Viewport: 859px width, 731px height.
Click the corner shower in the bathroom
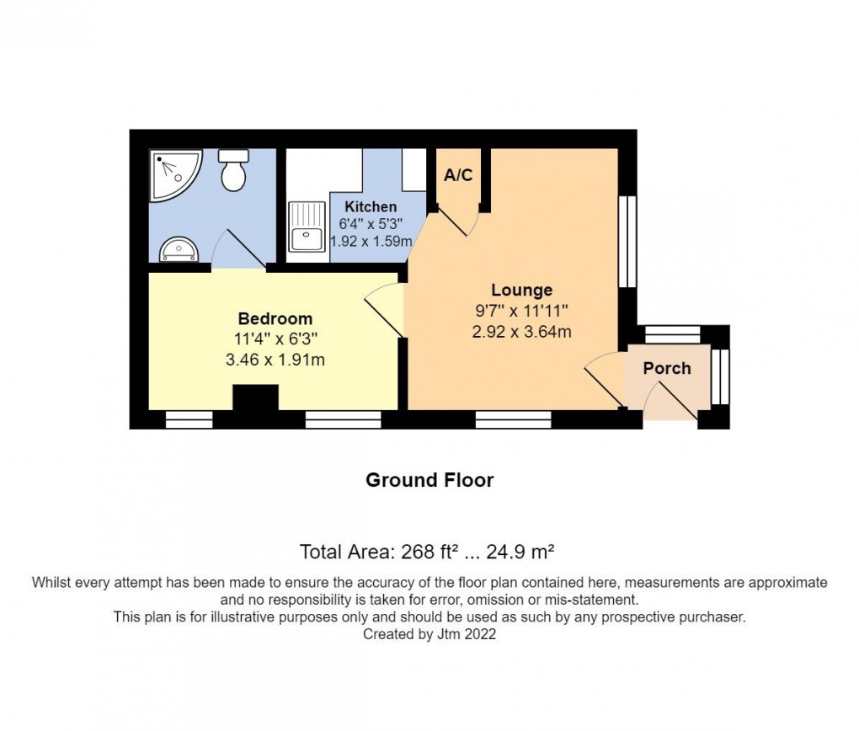pyautogui.click(x=173, y=174)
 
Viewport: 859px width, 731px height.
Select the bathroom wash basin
pyautogui.click(x=179, y=250)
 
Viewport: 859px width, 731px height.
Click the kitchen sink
pyautogui.click(x=307, y=227)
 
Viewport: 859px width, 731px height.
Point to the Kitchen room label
pyautogui.click(x=371, y=207)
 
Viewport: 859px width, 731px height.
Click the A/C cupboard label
pyautogui.click(x=458, y=176)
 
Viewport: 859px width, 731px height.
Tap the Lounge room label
pyautogui.click(x=522, y=291)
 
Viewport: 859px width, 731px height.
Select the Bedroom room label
pyautogui.click(x=275, y=319)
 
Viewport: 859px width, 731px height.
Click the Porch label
pyautogui.click(x=667, y=368)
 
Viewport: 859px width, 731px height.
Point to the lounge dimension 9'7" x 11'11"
pyautogui.click(x=522, y=311)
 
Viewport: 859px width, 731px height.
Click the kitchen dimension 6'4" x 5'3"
pyautogui.click(x=371, y=224)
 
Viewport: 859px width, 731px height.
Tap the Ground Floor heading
pyautogui.click(x=429, y=480)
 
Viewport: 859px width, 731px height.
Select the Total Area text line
pyautogui.click(x=428, y=552)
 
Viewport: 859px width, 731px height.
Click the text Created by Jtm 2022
pyautogui.click(x=429, y=635)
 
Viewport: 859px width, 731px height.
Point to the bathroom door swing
pyautogui.click(x=236, y=248)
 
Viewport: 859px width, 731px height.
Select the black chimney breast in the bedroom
pyautogui.click(x=255, y=398)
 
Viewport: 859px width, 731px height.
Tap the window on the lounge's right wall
pyautogui.click(x=627, y=242)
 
